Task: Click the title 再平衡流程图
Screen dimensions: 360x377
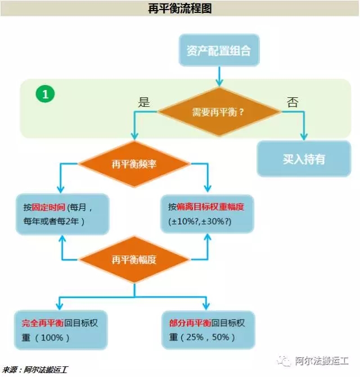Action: point(180,8)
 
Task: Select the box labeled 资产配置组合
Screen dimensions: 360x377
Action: point(219,50)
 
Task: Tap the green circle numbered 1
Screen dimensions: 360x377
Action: point(45,94)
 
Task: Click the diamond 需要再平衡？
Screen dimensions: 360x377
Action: point(219,112)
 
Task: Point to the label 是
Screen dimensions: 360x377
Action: point(143,102)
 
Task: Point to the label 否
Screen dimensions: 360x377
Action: point(292,102)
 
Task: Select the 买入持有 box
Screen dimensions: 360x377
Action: point(304,159)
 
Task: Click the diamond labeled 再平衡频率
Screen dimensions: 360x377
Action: point(134,164)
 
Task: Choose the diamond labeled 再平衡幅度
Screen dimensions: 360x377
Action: point(134,259)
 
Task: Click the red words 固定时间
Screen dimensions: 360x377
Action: point(48,207)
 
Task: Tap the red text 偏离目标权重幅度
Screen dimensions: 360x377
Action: point(210,207)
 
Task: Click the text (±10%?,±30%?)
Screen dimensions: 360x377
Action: point(200,221)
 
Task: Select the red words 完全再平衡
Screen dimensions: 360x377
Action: point(43,323)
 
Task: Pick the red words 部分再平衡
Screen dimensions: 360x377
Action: point(190,323)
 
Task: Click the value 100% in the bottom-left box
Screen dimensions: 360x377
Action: point(52,338)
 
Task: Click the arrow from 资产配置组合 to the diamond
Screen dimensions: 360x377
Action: point(219,76)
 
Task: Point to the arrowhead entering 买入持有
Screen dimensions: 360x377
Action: point(304,137)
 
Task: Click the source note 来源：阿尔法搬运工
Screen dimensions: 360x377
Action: point(35,370)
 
